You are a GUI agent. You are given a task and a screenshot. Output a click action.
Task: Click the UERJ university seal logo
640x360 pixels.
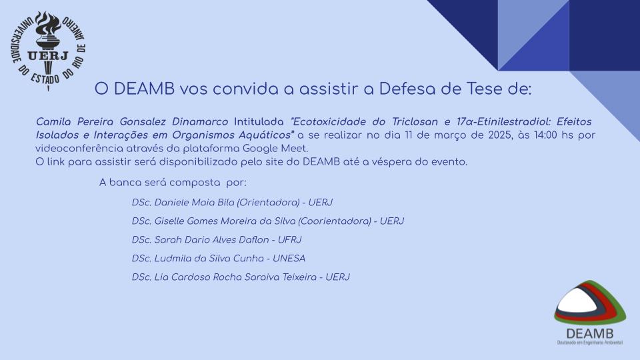point(48,50)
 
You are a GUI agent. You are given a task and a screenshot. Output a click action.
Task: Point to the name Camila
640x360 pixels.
point(53,121)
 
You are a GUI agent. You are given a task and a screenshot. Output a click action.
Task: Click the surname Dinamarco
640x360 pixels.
point(200,121)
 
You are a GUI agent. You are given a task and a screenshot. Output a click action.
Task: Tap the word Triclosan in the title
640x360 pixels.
point(415,121)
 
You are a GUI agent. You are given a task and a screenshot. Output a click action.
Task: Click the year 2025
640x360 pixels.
point(500,135)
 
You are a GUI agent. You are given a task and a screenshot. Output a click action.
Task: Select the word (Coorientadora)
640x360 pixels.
point(335,221)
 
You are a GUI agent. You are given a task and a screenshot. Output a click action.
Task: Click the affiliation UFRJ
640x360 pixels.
point(289,239)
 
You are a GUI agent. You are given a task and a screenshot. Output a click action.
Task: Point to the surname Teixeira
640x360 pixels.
point(299,277)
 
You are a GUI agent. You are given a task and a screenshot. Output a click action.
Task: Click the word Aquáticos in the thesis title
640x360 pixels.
point(267,135)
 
